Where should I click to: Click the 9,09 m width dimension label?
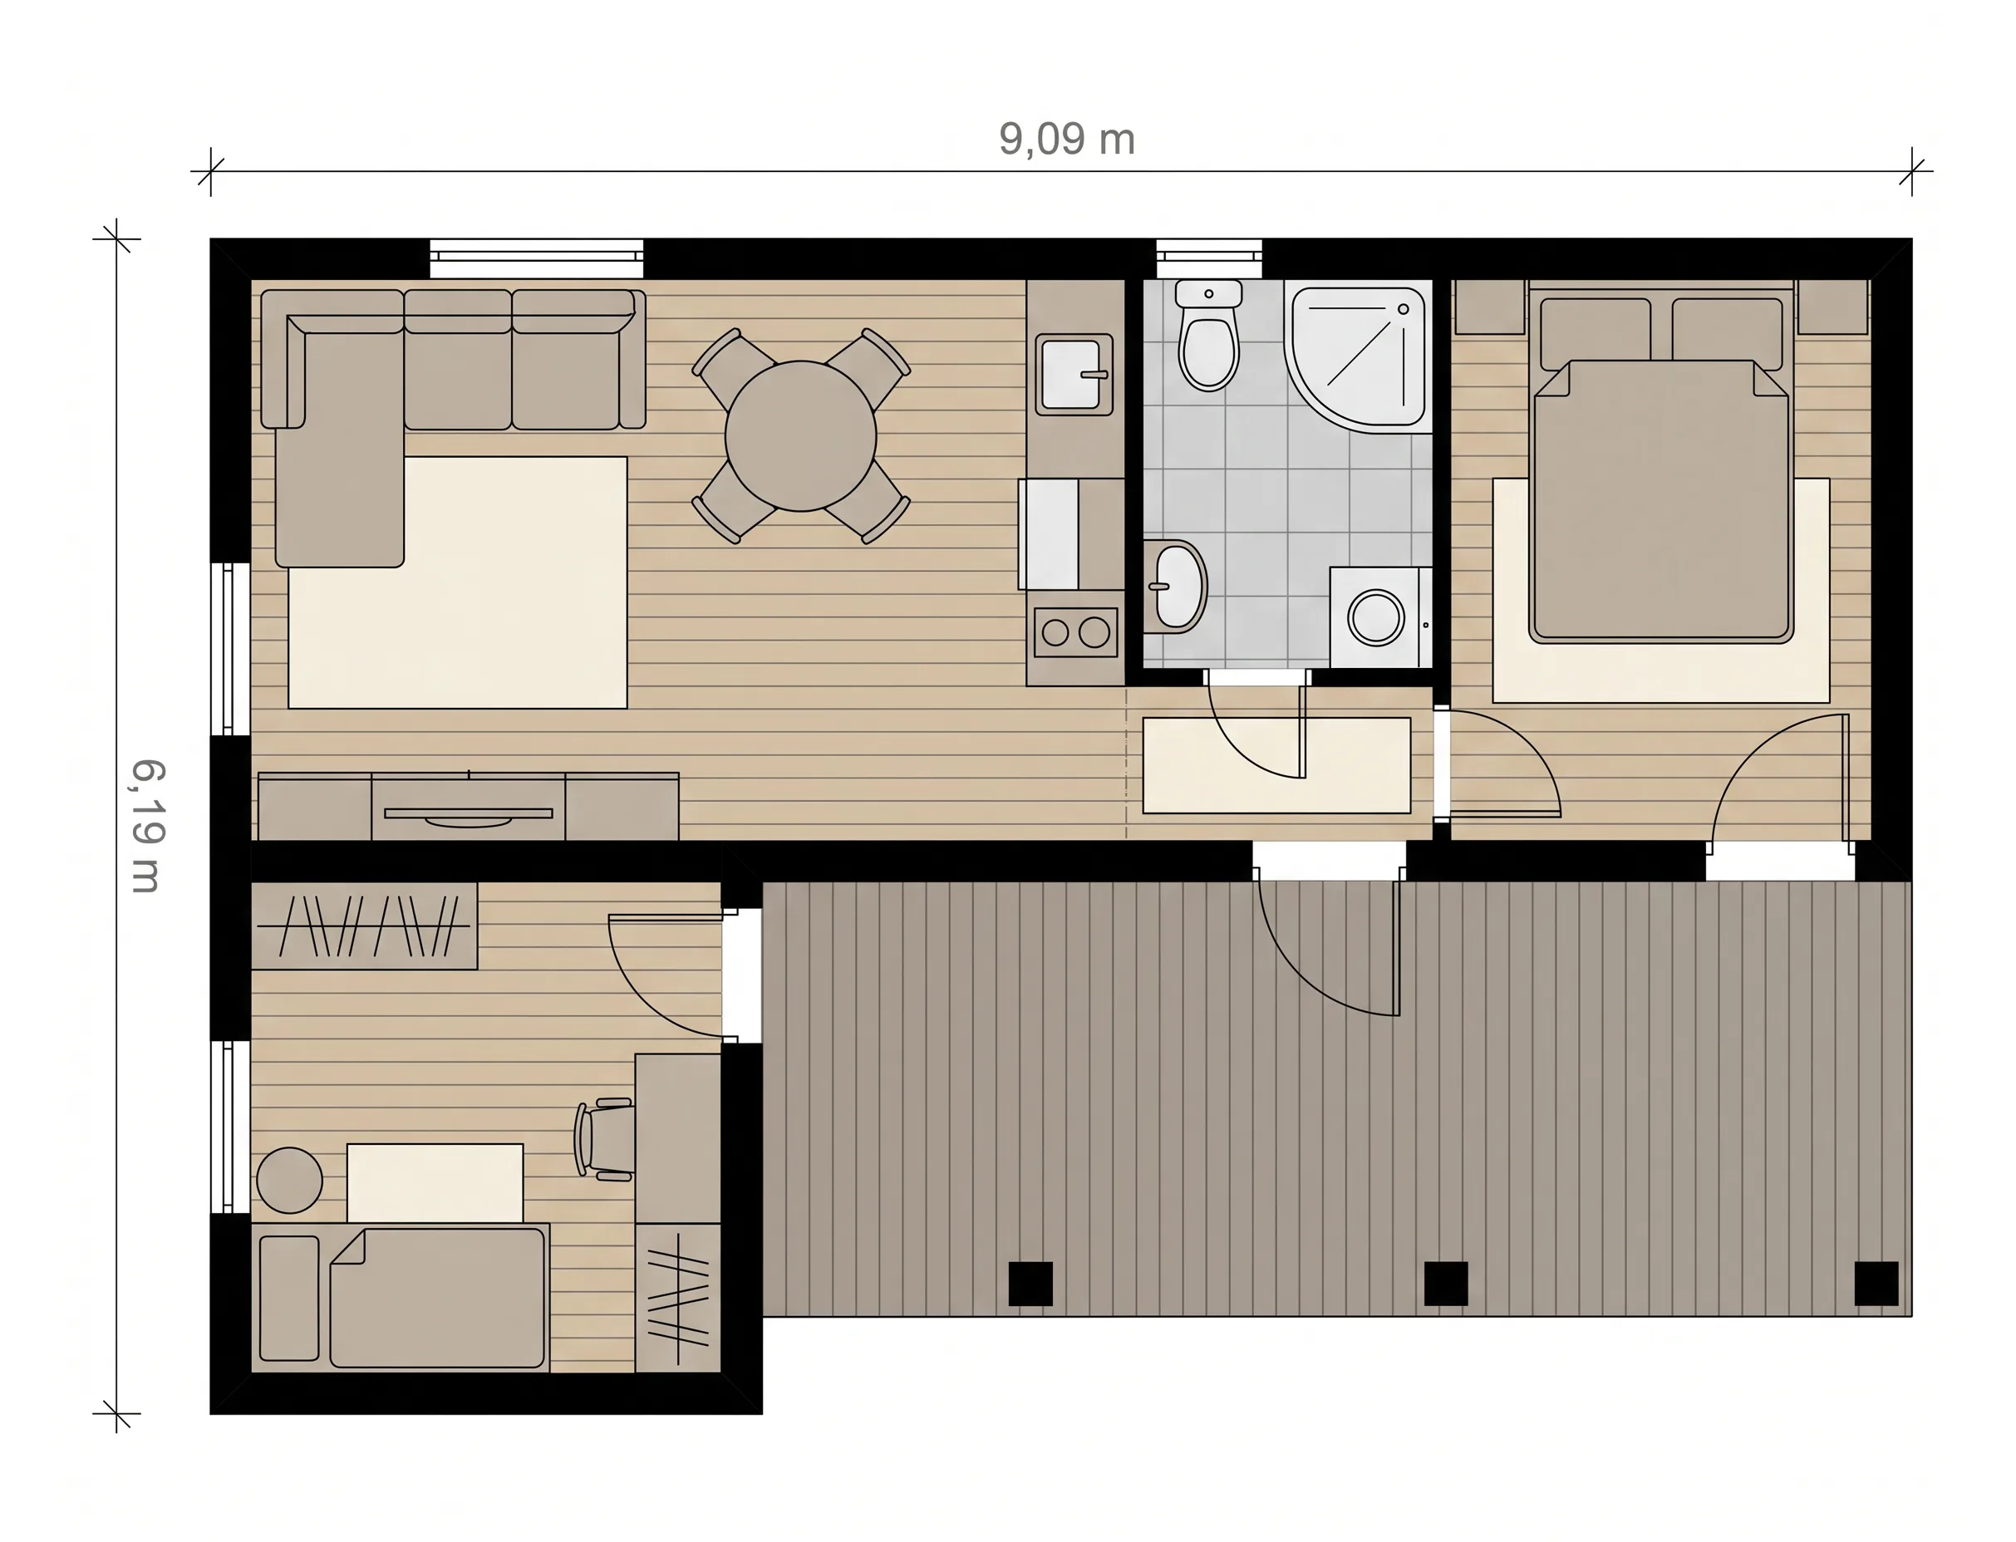(1067, 140)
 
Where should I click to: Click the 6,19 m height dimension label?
(147, 826)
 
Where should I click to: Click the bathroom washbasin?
(1175, 586)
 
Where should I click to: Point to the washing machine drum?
(1375, 616)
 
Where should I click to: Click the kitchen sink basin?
(1073, 375)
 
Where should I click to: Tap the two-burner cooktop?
(1075, 632)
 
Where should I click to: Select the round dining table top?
(800, 436)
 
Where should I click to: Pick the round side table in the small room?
(289, 1181)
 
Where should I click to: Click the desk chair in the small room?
(604, 1139)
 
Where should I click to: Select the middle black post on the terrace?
(1445, 1283)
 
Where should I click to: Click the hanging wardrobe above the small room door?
(365, 926)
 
